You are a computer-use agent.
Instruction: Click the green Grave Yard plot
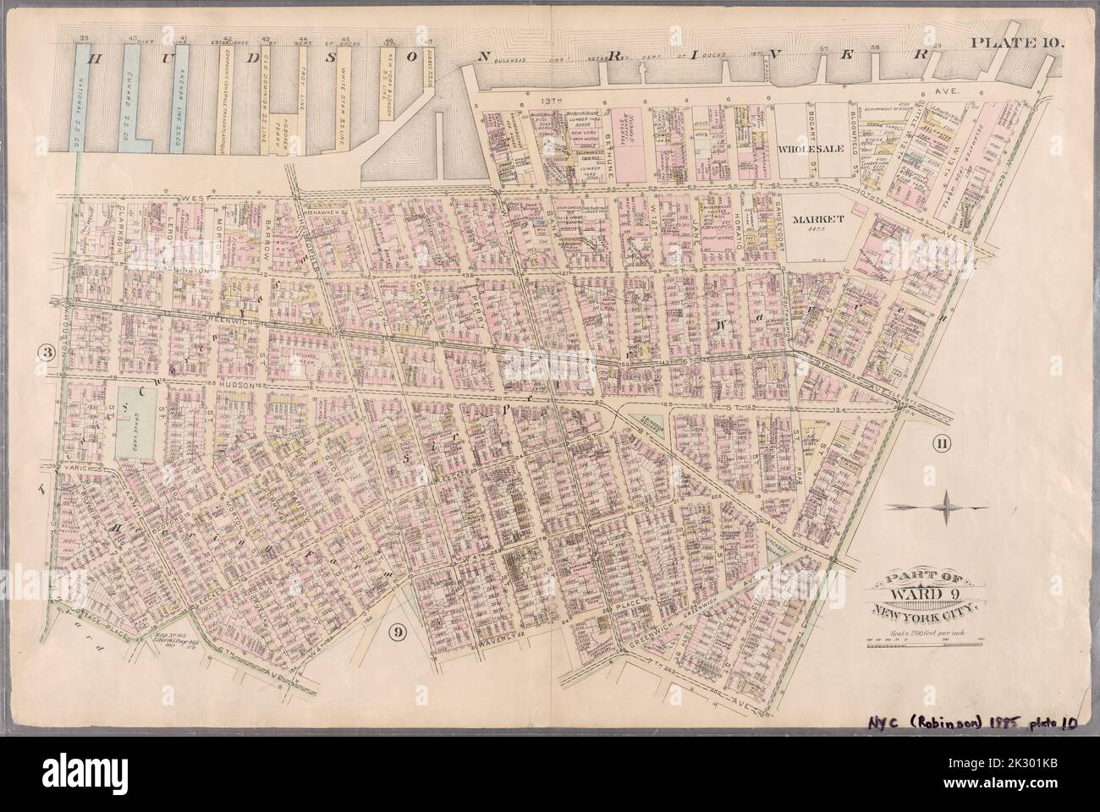point(134,416)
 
